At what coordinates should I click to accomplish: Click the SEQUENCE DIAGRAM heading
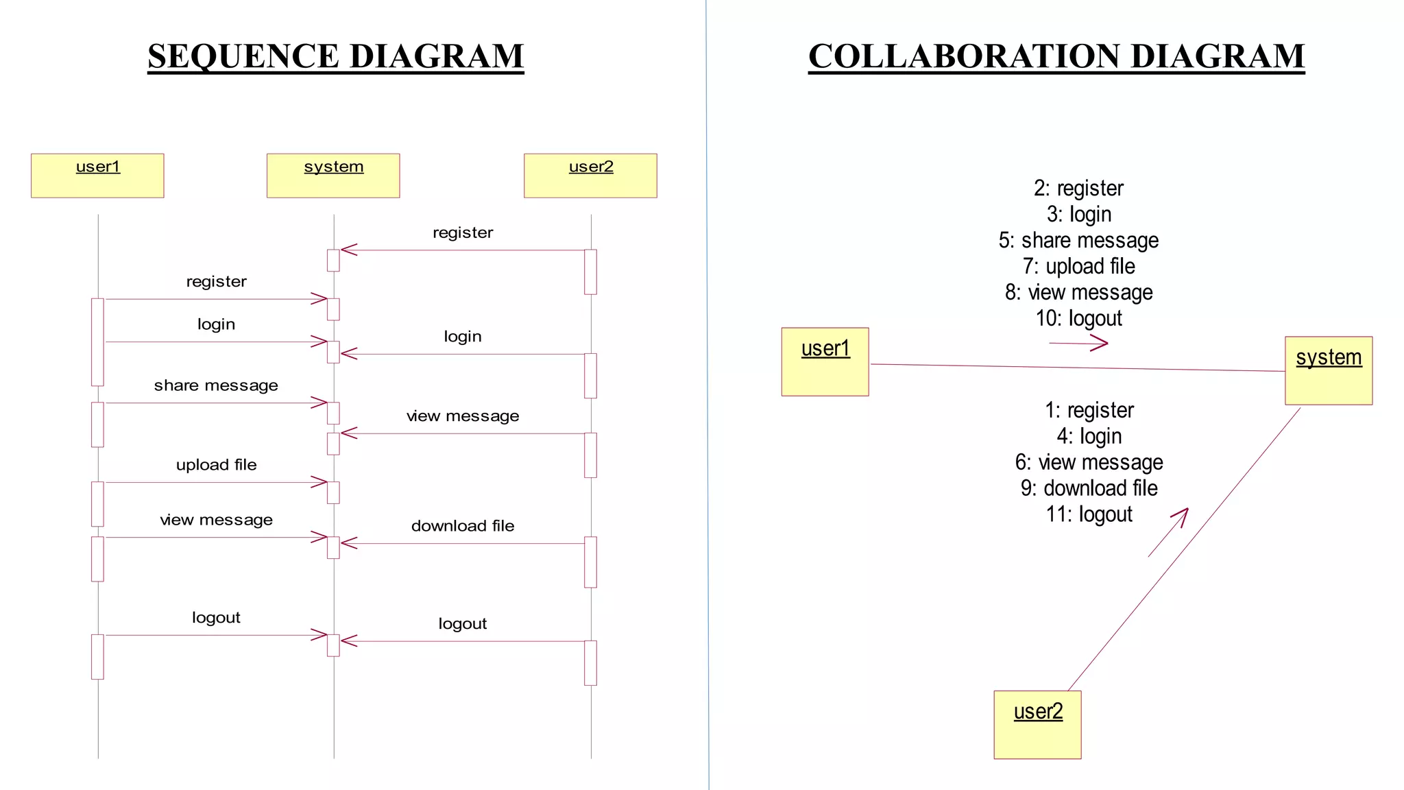coord(335,56)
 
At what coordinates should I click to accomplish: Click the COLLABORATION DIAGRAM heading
coord(1056,56)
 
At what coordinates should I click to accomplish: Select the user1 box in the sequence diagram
coord(97,176)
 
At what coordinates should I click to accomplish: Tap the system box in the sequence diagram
coord(333,176)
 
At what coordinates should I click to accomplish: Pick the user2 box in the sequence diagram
coord(590,176)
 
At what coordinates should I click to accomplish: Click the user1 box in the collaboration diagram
coord(825,361)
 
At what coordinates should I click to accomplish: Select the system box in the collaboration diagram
coord(1328,370)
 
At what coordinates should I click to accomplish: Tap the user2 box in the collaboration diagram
coord(1037,724)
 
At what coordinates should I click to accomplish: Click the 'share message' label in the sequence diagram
coord(216,385)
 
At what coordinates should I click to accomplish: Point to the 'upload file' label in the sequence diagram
coord(216,465)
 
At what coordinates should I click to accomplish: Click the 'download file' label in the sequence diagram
coord(463,526)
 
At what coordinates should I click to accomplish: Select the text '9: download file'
coord(1089,488)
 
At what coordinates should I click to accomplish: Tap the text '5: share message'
coord(1078,241)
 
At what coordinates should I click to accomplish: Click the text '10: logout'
coord(1078,319)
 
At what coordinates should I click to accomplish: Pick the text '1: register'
coord(1089,410)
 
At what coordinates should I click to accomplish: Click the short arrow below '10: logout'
coord(1078,344)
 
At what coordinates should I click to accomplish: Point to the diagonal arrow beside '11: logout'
coord(1168,532)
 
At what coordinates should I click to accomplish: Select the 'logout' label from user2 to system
coord(463,624)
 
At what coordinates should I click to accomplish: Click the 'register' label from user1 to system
coord(216,282)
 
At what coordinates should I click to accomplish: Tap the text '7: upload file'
coord(1078,267)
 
